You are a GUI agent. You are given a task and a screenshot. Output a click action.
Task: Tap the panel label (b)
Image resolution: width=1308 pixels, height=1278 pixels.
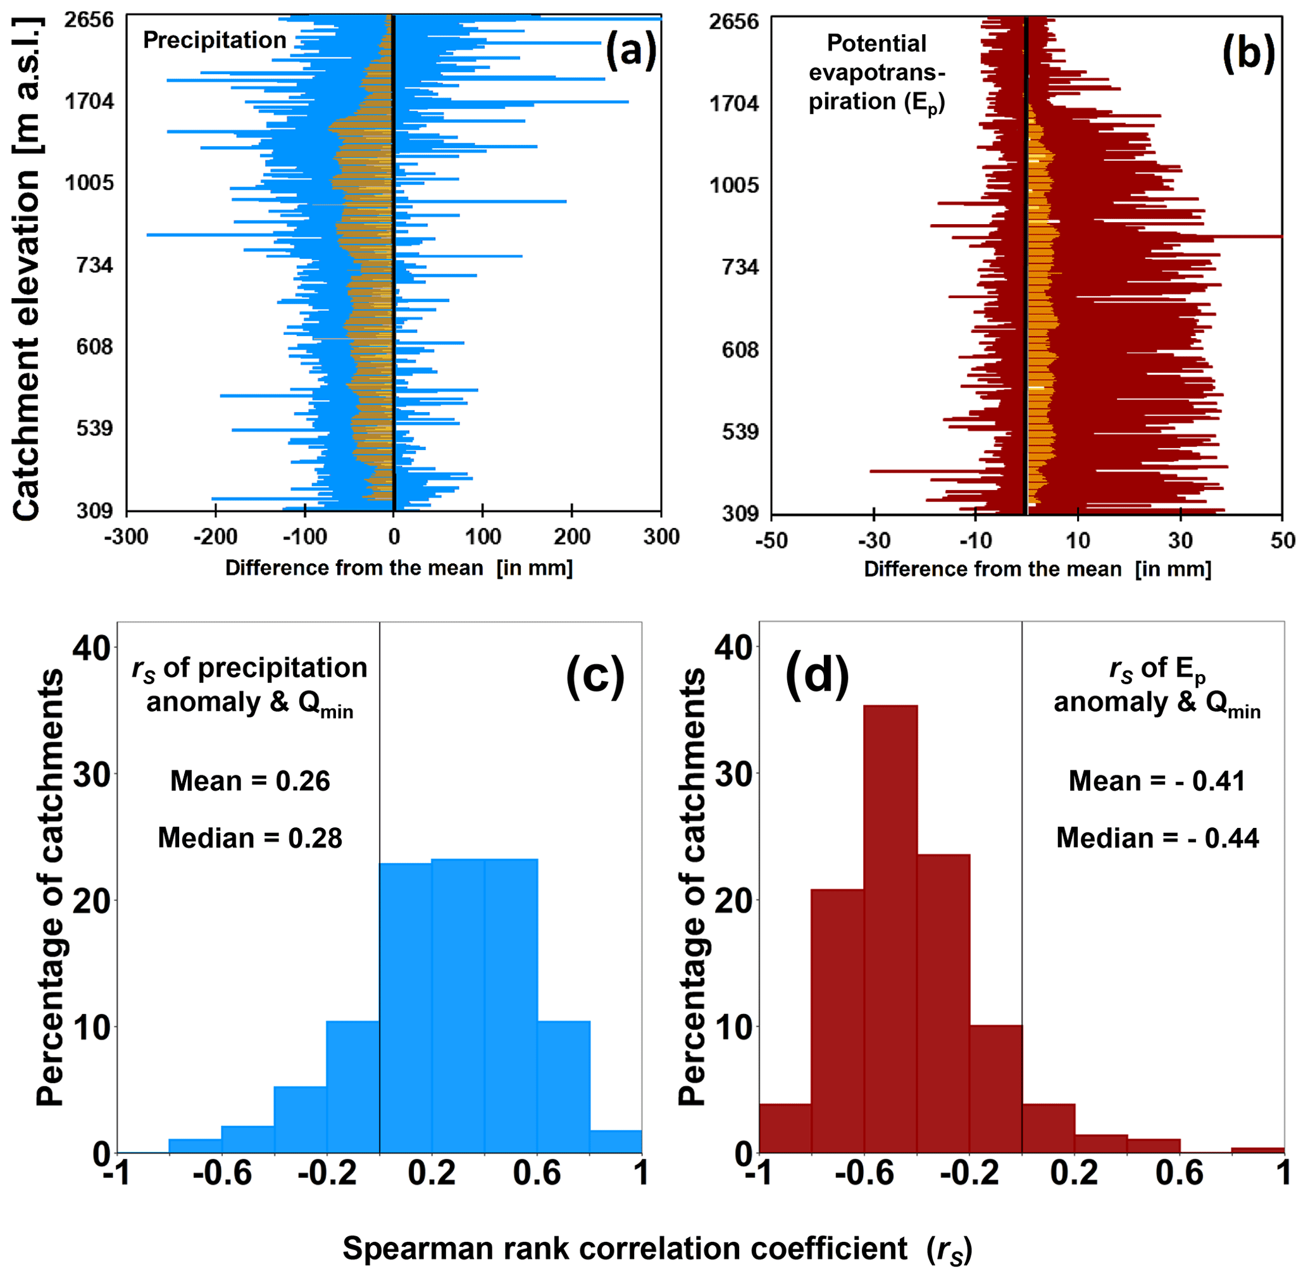(x=1249, y=53)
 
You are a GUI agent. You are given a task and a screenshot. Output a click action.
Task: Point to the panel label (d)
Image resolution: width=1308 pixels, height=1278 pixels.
(x=817, y=675)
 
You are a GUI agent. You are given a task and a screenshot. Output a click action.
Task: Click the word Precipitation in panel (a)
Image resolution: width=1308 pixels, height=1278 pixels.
(x=215, y=41)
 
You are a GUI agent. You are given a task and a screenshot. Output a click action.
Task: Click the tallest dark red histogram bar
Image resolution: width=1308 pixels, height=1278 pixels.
(x=890, y=930)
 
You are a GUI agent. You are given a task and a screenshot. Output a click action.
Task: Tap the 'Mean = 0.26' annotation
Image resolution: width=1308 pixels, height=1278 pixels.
(x=251, y=780)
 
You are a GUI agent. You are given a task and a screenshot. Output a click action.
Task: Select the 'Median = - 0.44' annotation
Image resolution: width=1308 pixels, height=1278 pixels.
(x=1157, y=837)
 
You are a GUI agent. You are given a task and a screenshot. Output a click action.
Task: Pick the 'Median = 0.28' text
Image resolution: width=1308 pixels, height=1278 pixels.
(x=251, y=837)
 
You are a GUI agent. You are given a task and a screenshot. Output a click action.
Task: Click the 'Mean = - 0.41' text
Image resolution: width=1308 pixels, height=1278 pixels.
(x=1157, y=780)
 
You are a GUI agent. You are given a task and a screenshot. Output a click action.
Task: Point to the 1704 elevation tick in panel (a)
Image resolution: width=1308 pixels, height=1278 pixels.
(x=90, y=102)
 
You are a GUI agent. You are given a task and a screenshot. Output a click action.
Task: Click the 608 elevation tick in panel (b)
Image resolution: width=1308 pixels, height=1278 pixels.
(x=740, y=349)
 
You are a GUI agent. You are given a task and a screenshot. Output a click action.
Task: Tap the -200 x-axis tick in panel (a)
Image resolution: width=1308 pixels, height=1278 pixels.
(x=215, y=537)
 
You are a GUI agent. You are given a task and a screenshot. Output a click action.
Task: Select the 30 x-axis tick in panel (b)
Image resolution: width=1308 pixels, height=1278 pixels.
(x=1180, y=541)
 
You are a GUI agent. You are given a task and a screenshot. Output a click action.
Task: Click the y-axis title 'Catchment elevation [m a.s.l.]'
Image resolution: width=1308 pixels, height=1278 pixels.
(x=27, y=268)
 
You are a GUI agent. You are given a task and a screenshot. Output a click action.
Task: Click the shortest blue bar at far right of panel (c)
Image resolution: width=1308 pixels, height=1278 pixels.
(x=616, y=1141)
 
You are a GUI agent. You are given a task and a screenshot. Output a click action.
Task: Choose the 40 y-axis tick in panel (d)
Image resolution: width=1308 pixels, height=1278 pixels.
(x=732, y=647)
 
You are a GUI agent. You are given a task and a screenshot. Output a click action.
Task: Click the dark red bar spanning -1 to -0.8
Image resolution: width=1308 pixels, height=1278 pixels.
(x=785, y=1129)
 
